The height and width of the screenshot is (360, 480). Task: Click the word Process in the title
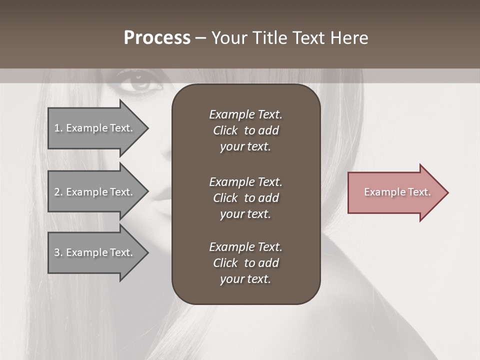[x=157, y=38]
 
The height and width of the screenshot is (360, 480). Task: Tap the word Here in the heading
[x=349, y=38]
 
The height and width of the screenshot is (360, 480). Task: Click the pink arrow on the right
[x=395, y=192]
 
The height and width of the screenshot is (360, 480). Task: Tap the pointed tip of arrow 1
[x=147, y=128]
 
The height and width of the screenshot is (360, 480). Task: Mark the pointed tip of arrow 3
[x=147, y=252]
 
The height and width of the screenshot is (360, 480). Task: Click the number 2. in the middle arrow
[x=58, y=192]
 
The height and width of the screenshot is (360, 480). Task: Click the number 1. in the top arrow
[x=58, y=128]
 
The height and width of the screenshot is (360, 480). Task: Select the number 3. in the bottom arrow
[x=58, y=252]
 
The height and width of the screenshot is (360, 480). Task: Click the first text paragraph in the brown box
[x=245, y=130]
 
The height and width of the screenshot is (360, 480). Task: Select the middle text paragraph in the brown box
[x=245, y=198]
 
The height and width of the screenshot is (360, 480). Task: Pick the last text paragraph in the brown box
[x=245, y=263]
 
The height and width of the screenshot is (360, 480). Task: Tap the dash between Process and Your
[x=200, y=38]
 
